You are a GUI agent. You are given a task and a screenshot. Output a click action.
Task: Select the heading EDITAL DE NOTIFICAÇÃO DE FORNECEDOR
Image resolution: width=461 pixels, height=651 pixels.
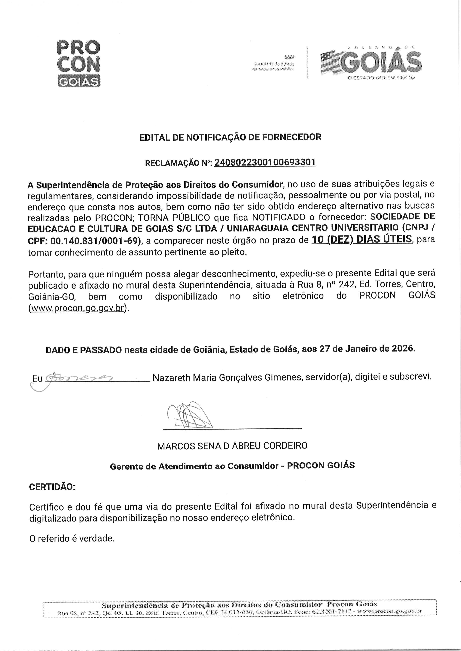[x=230, y=137]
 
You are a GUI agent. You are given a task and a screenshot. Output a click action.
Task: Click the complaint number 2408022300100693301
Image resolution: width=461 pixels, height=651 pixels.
[x=265, y=163]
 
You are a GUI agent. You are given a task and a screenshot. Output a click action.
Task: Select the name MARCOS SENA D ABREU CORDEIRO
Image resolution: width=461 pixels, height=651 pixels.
[x=232, y=446]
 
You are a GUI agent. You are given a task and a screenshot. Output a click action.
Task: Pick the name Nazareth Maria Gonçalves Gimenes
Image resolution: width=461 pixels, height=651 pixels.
[x=227, y=378]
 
